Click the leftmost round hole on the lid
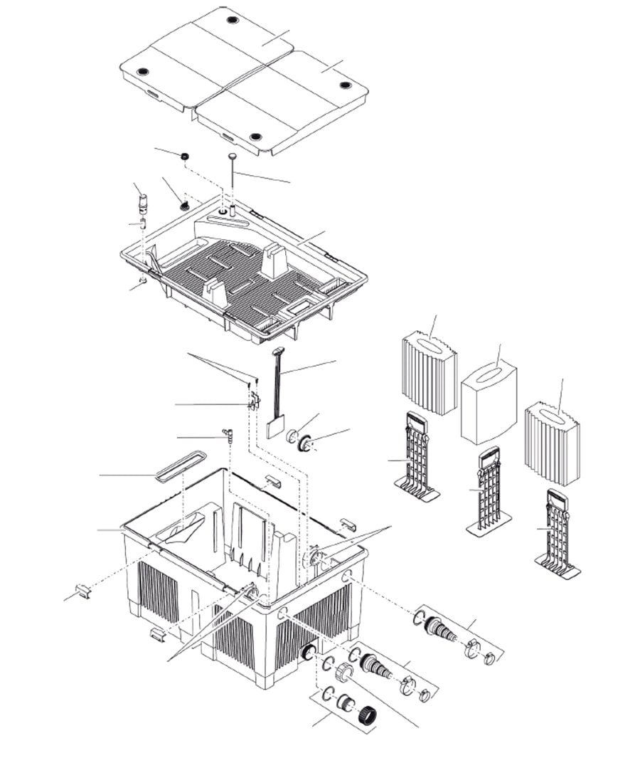(142, 72)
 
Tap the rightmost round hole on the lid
(346, 85)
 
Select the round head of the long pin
(233, 155)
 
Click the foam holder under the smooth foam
(489, 491)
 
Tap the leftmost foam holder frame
(417, 456)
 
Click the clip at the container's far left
(83, 590)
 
